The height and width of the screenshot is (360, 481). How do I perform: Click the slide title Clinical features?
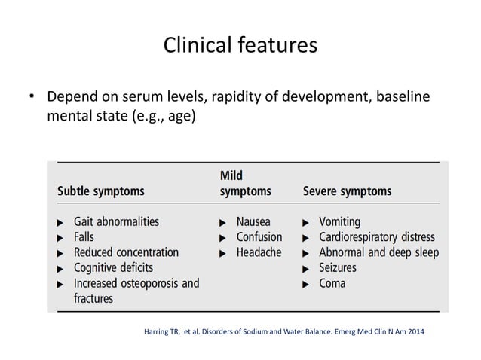tap(240, 45)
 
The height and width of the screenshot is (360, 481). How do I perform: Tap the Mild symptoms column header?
tap(245, 183)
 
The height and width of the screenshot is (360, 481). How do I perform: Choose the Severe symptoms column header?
tap(347, 191)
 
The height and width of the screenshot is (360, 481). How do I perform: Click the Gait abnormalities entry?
tap(116, 222)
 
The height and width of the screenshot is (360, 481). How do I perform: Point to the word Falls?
tap(85, 237)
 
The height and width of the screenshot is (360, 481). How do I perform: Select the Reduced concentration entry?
tap(126, 252)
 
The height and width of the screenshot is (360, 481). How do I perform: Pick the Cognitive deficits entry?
tap(113, 267)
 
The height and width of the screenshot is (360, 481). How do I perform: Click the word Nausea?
tap(253, 222)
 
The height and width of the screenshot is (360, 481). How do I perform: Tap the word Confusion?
tap(259, 237)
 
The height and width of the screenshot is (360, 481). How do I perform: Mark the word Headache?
tap(259, 252)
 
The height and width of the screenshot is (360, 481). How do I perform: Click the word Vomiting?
tap(339, 222)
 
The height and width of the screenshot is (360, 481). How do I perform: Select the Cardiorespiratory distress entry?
tap(377, 237)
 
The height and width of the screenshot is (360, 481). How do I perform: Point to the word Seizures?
tap(338, 267)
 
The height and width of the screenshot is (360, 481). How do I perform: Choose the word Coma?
tap(332, 283)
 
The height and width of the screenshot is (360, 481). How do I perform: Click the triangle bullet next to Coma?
tap(305, 284)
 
